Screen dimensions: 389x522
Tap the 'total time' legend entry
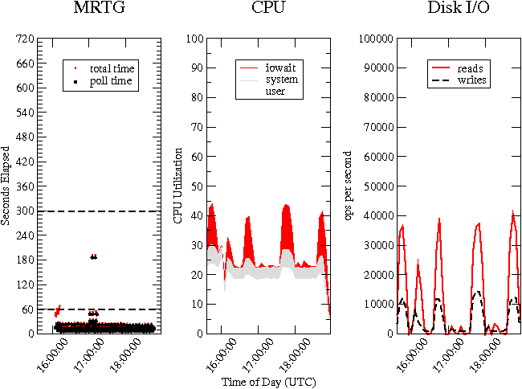click(x=112, y=68)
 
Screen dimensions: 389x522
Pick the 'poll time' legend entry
click(x=111, y=81)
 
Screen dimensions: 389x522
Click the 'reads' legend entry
click(x=470, y=68)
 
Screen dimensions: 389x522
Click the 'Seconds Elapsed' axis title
click(x=6, y=186)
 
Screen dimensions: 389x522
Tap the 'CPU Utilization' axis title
click(x=178, y=185)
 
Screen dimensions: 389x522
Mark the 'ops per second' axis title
click(x=349, y=186)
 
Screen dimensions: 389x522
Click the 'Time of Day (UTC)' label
click(x=267, y=381)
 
